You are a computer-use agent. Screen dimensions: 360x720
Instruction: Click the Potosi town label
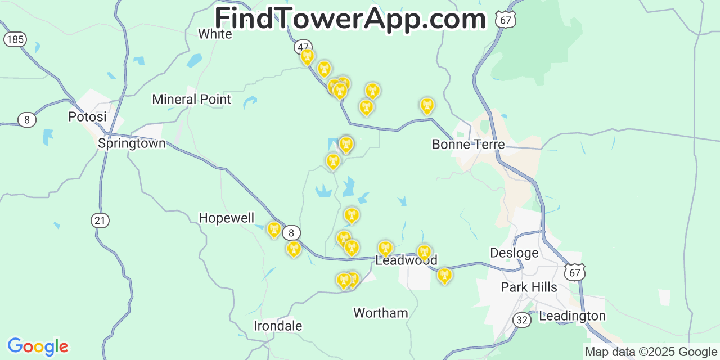pos(87,117)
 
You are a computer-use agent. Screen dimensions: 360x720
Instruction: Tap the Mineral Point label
pos(191,100)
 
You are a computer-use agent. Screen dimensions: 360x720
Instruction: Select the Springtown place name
pos(132,143)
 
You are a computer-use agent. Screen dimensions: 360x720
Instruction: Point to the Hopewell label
pos(226,218)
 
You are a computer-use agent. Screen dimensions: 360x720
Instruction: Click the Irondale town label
pos(278,326)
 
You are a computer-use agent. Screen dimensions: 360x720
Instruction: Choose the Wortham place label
pos(380,313)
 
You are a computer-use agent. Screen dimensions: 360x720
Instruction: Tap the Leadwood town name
pos(406,260)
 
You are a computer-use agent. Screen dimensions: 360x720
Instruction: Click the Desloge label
pos(514,253)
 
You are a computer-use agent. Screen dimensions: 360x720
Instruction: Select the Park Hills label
pos(529,287)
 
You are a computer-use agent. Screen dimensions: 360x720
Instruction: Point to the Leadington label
pos(572,316)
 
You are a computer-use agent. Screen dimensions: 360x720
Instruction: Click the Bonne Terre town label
pos(468,145)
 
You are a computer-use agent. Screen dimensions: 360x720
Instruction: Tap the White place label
pos(215,34)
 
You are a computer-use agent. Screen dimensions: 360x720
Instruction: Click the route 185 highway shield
pos(14,39)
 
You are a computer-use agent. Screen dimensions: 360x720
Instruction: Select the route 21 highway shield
pos(100,220)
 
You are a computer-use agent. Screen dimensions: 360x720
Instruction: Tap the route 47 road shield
pos(304,47)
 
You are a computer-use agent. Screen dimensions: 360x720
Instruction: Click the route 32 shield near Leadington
pos(521,320)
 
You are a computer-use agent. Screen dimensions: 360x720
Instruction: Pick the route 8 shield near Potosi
pos(26,120)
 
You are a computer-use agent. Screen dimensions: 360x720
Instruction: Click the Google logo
pos(38,346)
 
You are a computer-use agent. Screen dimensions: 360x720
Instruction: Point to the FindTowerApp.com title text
pos(350,19)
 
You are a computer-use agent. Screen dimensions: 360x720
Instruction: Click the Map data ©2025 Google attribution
pos(651,352)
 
